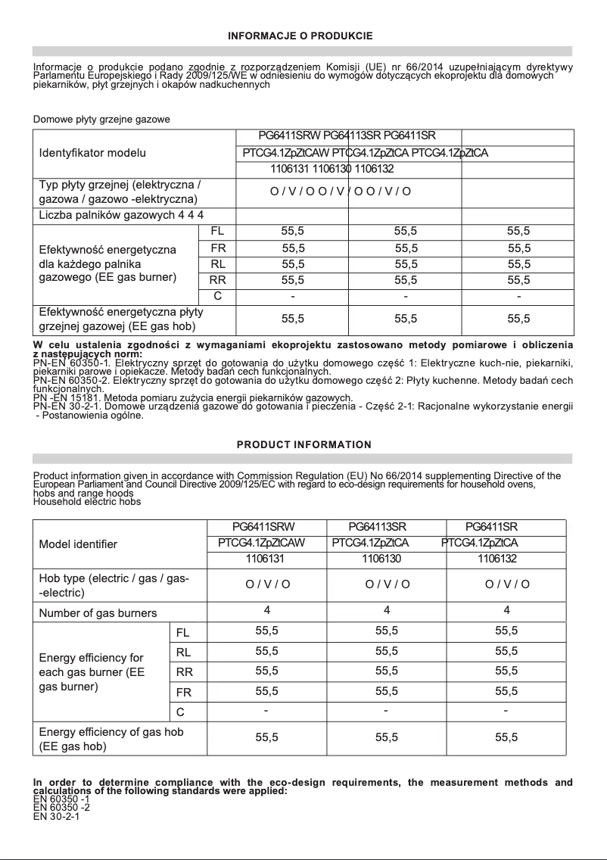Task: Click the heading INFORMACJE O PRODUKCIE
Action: [x=300, y=36]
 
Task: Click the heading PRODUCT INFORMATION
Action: [x=303, y=444]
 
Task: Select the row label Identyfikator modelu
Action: [x=92, y=153]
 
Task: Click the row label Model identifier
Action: [x=78, y=544]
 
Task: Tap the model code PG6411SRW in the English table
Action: [x=266, y=526]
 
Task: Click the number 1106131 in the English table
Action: [x=265, y=559]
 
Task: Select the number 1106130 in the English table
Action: [x=381, y=559]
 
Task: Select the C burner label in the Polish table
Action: [x=217, y=295]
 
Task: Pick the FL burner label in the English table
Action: [x=182, y=632]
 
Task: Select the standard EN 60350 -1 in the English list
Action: [x=61, y=799]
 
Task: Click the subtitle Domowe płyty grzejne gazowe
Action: [x=101, y=120]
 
